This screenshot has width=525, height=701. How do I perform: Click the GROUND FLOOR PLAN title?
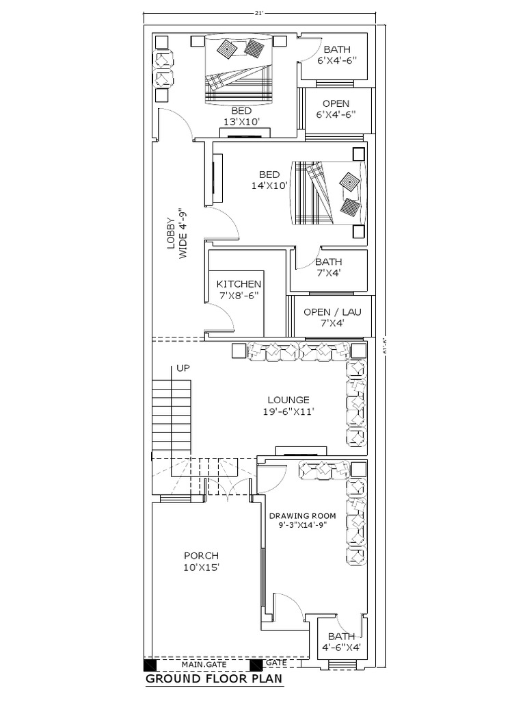click(213, 679)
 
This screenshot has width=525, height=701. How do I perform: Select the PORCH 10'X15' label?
click(201, 561)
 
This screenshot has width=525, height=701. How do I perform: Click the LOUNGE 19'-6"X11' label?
click(288, 405)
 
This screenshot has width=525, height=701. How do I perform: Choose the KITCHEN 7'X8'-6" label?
click(239, 289)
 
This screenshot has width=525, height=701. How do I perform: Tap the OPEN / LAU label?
click(332, 317)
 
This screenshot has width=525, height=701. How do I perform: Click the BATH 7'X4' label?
click(328, 267)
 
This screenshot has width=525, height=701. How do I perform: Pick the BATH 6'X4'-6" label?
click(336, 54)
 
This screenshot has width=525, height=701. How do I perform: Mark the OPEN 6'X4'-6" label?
click(336, 109)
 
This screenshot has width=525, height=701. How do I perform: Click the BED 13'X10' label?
click(241, 116)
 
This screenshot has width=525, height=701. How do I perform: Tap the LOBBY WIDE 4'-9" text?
click(176, 233)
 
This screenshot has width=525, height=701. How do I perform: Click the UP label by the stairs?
click(183, 368)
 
